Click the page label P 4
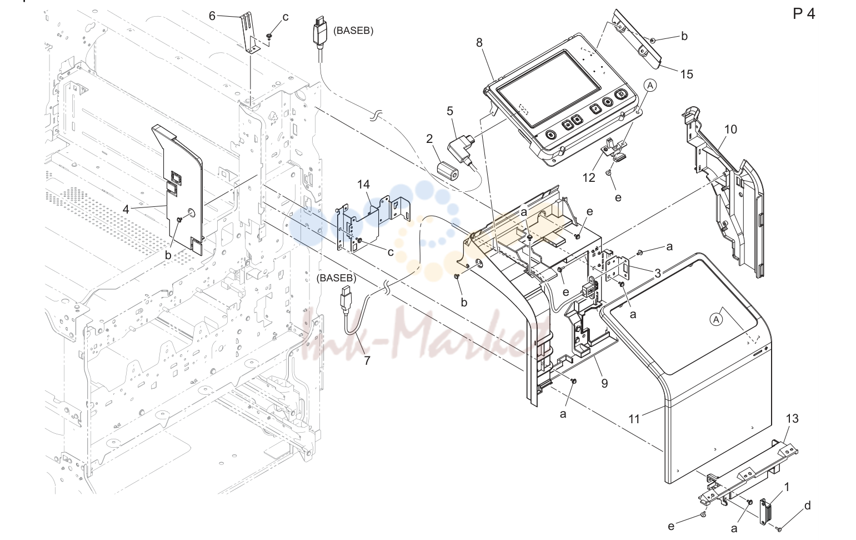tap(804, 14)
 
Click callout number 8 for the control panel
tap(479, 42)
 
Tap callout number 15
tap(687, 74)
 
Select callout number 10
tap(730, 130)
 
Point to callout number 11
tap(634, 419)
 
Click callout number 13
tap(792, 418)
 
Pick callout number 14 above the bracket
tap(363, 185)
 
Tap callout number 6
tap(212, 16)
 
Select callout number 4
tap(126, 209)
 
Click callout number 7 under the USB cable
tap(367, 360)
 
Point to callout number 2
tap(429, 138)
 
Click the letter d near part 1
tap(808, 506)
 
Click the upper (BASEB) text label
tap(353, 31)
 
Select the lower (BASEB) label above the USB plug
tap(336, 278)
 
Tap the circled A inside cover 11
tap(717, 319)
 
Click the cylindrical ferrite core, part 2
tap(448, 171)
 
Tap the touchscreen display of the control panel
tap(549, 89)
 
